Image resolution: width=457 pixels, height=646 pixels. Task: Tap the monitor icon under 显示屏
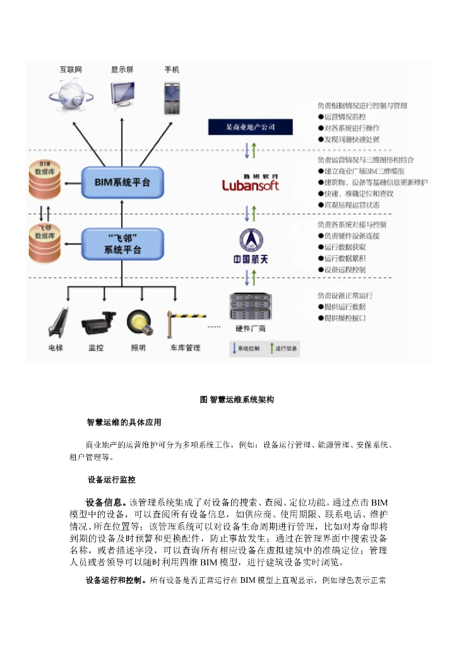point(126,93)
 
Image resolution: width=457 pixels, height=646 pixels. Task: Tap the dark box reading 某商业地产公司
point(251,127)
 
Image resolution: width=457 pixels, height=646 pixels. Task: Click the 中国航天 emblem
point(251,247)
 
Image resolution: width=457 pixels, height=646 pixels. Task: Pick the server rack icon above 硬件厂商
point(251,308)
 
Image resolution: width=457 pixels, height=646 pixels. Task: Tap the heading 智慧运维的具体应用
point(128,421)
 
